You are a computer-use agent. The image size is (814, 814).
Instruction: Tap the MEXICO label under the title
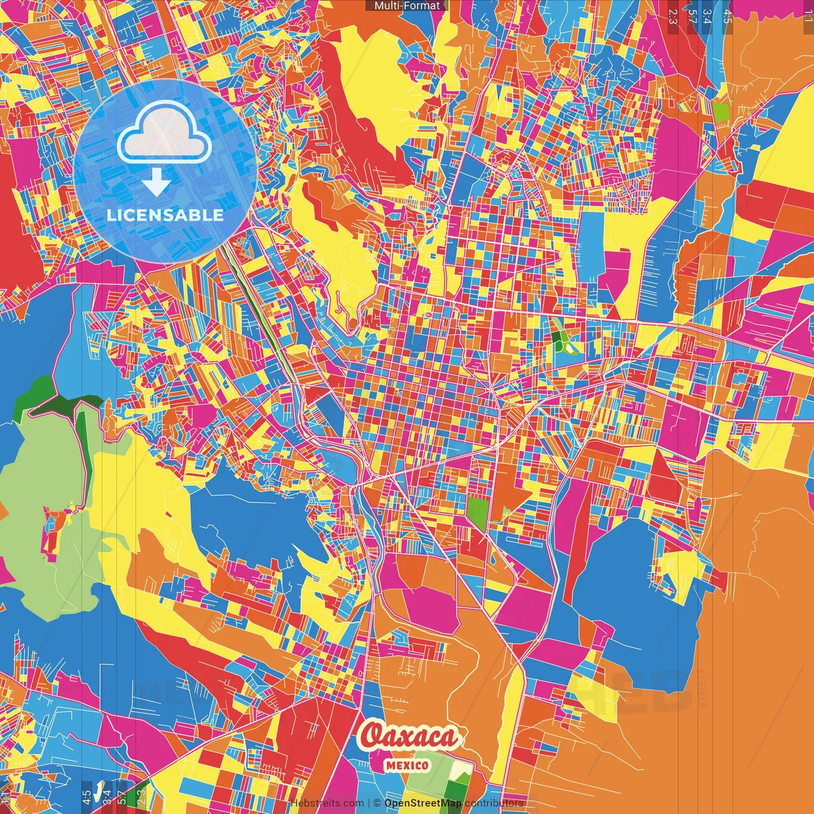coord(407,765)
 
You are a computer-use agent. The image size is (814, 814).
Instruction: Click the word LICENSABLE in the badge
coord(165,215)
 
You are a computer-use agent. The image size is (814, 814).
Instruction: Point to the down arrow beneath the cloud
coord(156,184)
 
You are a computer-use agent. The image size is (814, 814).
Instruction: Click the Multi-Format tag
coord(406,6)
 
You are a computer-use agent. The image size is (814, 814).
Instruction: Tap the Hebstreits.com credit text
coord(327,803)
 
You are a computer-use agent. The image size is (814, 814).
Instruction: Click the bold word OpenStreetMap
coord(423,803)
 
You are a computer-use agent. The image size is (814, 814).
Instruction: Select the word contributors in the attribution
coord(494,803)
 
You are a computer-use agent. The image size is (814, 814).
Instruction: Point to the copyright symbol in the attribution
coord(376,803)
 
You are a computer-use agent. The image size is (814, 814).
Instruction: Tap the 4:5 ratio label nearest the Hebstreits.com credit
coord(86,796)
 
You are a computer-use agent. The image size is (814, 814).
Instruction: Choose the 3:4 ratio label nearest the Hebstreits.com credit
coord(106,796)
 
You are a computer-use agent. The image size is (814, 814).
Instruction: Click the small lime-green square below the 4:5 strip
coord(721,112)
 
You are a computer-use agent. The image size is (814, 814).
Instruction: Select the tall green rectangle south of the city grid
coord(478,513)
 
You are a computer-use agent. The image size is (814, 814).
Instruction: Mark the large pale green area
coord(45,509)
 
